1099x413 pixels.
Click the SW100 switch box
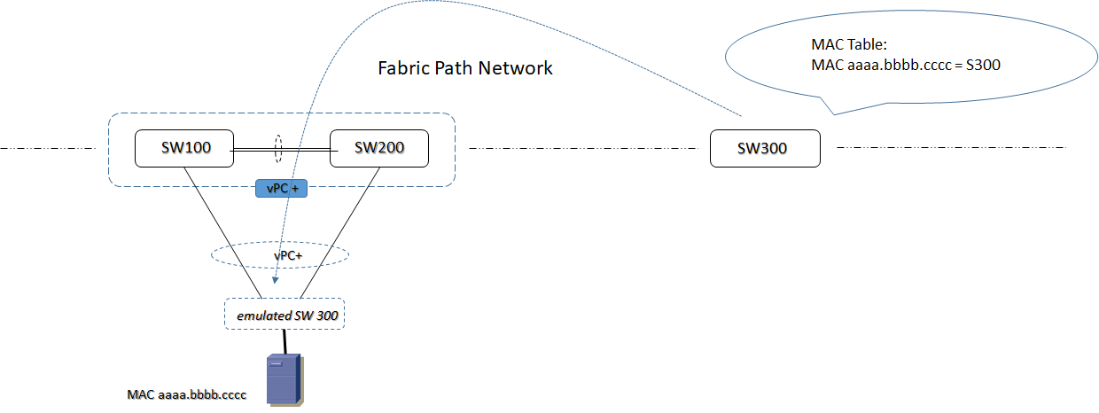(x=183, y=148)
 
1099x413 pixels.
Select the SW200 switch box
(x=378, y=148)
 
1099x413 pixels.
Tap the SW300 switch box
(x=765, y=149)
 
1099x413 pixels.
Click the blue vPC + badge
(x=281, y=189)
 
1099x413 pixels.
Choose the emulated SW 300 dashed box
(x=284, y=315)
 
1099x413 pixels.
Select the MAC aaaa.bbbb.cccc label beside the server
(x=186, y=394)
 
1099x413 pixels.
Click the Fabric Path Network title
(x=465, y=68)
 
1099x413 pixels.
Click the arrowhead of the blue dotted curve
(x=276, y=283)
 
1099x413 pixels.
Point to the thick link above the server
(x=284, y=341)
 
